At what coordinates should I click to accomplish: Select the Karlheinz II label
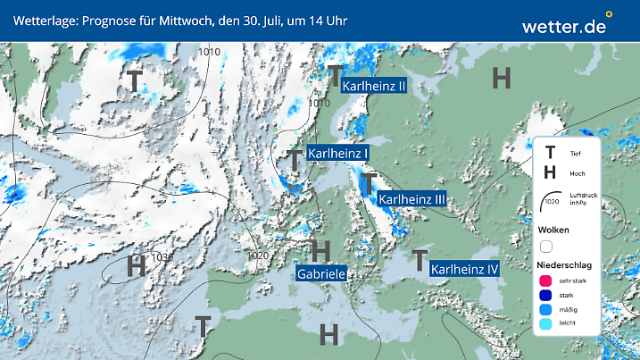point(375,86)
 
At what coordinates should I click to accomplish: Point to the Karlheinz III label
point(411,199)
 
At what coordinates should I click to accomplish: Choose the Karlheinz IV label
point(464,268)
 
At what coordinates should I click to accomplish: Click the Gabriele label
point(321,273)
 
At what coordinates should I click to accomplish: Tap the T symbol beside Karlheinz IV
point(419,261)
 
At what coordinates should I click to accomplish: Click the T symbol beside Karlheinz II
point(335,75)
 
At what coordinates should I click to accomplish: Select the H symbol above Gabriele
point(320,250)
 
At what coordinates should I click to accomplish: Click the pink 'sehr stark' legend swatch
point(546,281)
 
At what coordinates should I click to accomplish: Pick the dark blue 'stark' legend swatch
point(546,296)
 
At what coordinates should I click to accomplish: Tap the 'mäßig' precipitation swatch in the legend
point(546,311)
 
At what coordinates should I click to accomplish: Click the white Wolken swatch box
point(546,246)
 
